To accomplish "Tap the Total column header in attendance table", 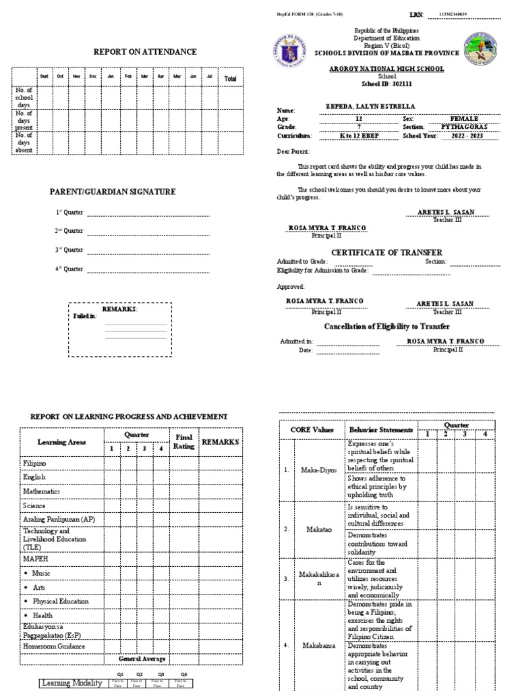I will click(231, 79).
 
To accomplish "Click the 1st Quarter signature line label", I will click(69, 213).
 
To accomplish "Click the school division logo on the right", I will click(480, 50).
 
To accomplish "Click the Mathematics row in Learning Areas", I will click(42, 491).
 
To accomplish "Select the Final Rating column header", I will click(184, 441).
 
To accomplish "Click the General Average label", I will click(142, 659).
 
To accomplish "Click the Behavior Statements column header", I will click(380, 430).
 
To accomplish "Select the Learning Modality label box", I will click(72, 683).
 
